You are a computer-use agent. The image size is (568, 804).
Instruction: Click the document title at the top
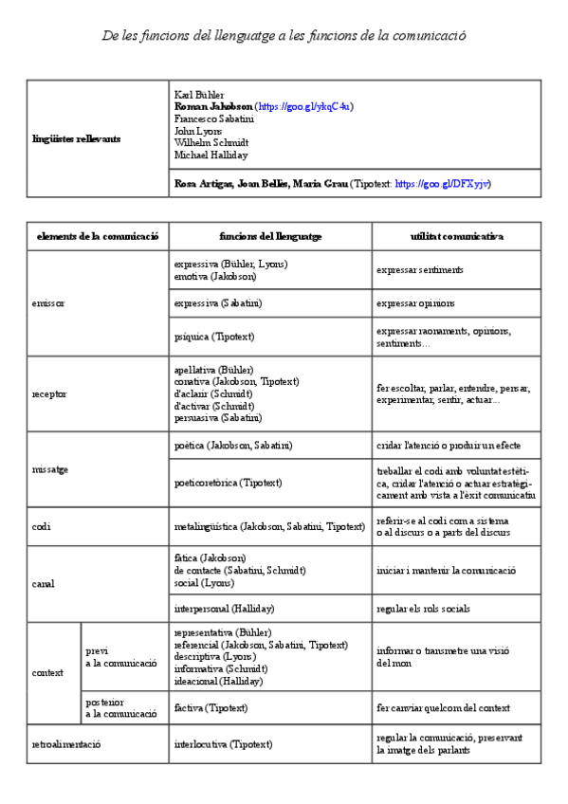(284, 35)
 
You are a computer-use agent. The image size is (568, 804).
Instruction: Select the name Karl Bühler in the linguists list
(199, 95)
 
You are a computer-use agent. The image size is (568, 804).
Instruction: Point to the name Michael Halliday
(211, 155)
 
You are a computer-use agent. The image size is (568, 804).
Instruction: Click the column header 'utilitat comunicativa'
(456, 235)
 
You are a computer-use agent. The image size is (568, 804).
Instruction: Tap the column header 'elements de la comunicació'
(98, 235)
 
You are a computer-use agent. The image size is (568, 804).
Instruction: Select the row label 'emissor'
(47, 303)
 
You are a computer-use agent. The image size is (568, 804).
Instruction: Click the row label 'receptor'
(49, 393)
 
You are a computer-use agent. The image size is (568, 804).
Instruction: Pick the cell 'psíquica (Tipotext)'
(214, 337)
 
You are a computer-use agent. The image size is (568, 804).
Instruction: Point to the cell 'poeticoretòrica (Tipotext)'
(229, 483)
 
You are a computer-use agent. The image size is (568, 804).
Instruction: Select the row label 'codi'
(41, 526)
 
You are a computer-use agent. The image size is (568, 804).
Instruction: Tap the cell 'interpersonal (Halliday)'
(224, 608)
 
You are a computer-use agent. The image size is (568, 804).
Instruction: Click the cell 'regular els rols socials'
(422, 608)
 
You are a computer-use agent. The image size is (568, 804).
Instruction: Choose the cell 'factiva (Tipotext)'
(211, 707)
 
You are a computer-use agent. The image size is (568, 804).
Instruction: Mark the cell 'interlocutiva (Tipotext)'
(223, 744)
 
